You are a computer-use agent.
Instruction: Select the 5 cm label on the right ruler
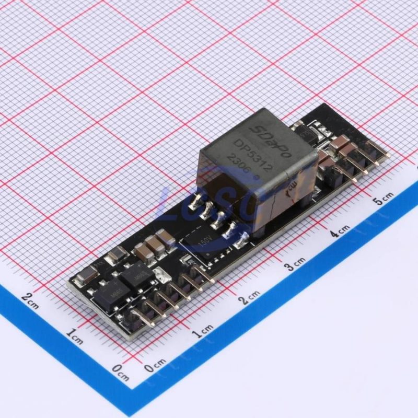(384, 198)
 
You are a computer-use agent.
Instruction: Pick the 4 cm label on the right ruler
(340, 230)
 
